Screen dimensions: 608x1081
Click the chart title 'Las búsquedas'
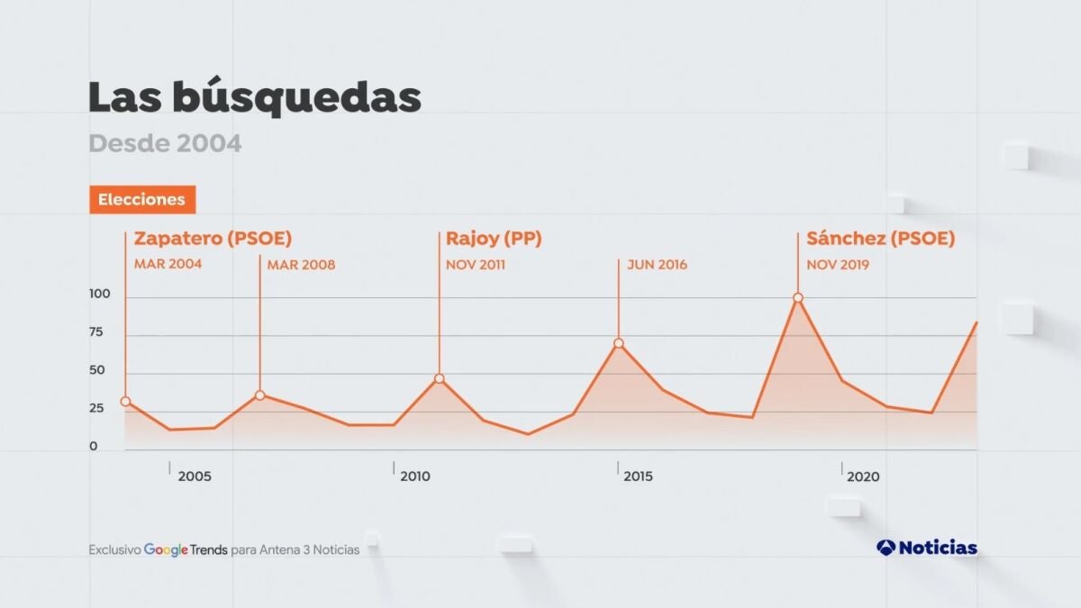point(255,98)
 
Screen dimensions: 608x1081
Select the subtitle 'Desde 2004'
point(165,143)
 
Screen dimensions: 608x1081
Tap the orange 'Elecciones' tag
point(141,199)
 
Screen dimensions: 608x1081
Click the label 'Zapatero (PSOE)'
point(213,239)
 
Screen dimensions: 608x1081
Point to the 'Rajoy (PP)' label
point(494,239)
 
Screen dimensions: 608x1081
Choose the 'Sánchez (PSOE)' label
point(880,239)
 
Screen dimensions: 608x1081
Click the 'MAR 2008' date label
point(301,265)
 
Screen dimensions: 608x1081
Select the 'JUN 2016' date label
point(657,265)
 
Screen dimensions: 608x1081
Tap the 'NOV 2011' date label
point(476,265)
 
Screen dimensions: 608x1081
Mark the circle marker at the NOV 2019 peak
point(797,298)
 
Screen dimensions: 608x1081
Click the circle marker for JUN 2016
point(618,343)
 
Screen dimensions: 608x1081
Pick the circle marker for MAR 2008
point(259,395)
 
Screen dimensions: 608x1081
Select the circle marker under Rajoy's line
point(439,378)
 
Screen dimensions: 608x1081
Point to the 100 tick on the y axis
point(99,295)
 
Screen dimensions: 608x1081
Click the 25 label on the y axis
point(95,409)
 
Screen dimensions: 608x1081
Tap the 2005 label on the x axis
point(195,476)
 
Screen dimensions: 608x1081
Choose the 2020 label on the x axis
point(863,476)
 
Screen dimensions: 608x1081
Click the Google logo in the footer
point(166,549)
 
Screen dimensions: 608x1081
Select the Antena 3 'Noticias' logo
point(926,548)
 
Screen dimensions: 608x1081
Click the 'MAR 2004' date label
point(168,265)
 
